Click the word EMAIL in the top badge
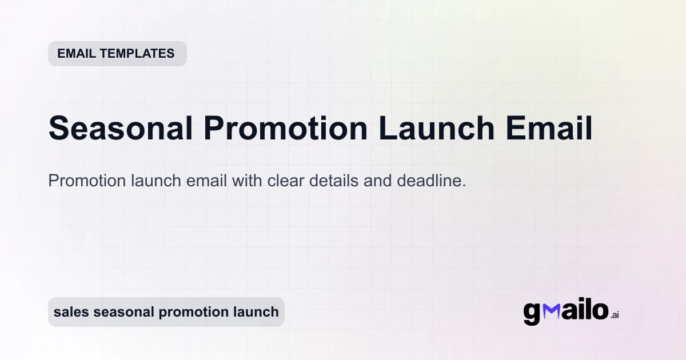point(76,54)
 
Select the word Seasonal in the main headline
point(121,129)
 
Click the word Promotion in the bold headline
point(285,129)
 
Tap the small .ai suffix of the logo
point(614,315)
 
